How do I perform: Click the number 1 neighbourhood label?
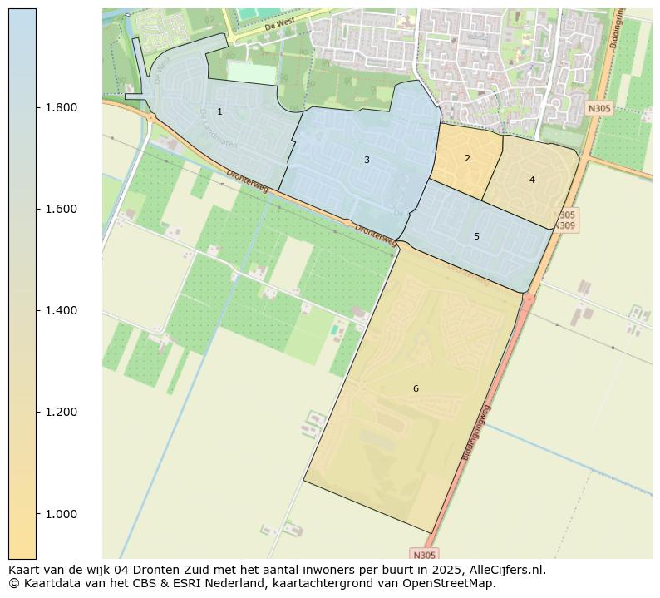(219, 111)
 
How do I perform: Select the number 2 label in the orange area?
(467, 158)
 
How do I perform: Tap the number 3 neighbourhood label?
(367, 160)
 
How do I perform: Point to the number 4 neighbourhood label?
(532, 180)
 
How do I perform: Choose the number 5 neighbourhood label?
(476, 236)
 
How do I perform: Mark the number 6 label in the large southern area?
(416, 388)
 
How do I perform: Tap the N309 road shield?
(564, 225)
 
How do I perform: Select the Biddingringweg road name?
(476, 432)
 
